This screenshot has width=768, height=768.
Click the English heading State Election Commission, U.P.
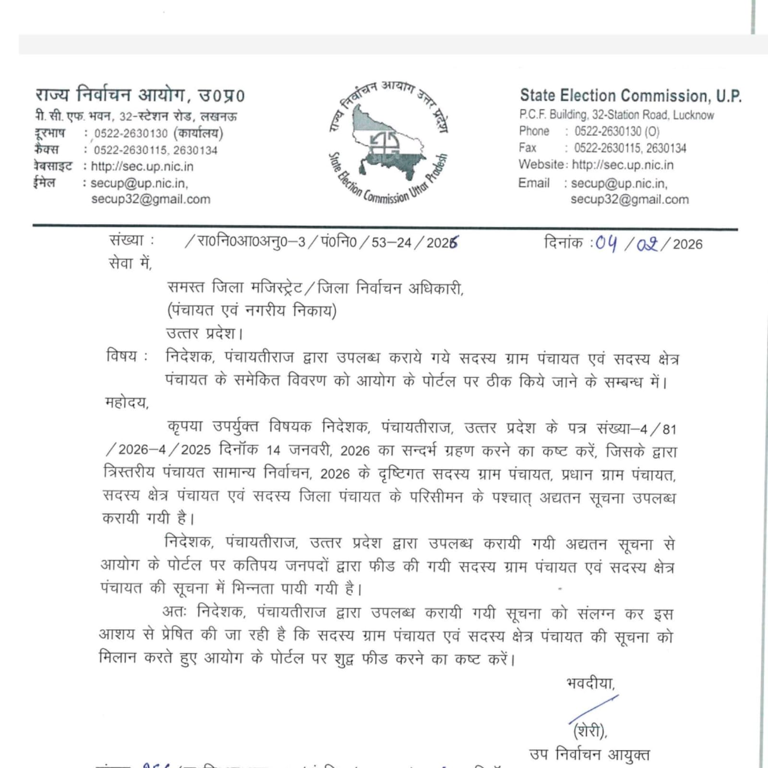tap(630, 96)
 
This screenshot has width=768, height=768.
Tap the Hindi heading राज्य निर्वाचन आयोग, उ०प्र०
tap(140, 95)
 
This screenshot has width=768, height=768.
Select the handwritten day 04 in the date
tap(606, 243)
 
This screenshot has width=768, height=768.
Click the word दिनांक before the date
tap(564, 242)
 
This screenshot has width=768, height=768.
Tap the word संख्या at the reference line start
tap(126, 240)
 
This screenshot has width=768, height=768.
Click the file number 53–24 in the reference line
tap(391, 242)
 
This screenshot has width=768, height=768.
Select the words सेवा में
tap(130, 263)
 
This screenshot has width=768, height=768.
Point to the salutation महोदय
tap(127, 402)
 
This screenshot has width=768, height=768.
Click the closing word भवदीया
tap(590, 683)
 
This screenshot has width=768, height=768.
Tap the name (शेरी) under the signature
tap(590, 731)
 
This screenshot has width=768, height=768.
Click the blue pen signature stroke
tap(593, 708)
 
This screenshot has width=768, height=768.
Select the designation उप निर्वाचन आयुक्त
tap(589, 755)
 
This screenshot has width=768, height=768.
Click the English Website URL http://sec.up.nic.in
tap(623, 165)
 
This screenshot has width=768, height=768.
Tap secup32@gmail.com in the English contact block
tap(629, 199)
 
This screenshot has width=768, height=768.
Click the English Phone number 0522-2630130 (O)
tap(617, 131)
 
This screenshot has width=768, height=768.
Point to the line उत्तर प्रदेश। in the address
tap(205, 333)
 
